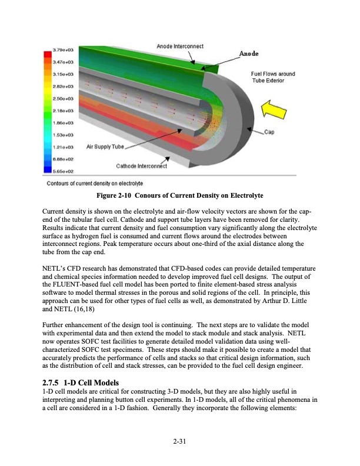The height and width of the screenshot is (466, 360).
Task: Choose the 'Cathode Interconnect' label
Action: pos(141,165)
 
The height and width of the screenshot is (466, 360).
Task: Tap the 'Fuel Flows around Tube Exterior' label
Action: pos(272,77)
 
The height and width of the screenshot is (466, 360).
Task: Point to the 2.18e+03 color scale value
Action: pos(62,111)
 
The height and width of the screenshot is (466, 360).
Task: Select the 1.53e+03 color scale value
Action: pos(62,135)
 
